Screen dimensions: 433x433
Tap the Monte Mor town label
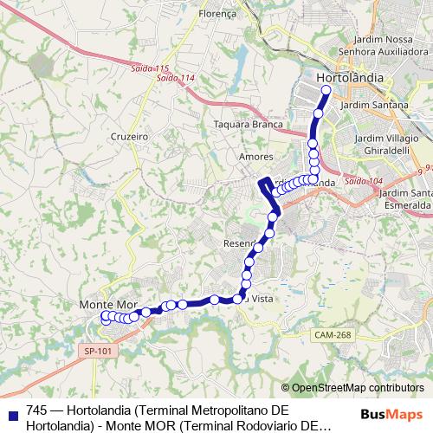(108, 305)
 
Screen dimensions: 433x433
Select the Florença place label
(218, 15)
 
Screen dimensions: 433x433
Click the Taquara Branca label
(249, 124)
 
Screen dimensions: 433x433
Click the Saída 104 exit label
(363, 181)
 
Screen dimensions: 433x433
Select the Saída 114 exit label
(173, 77)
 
